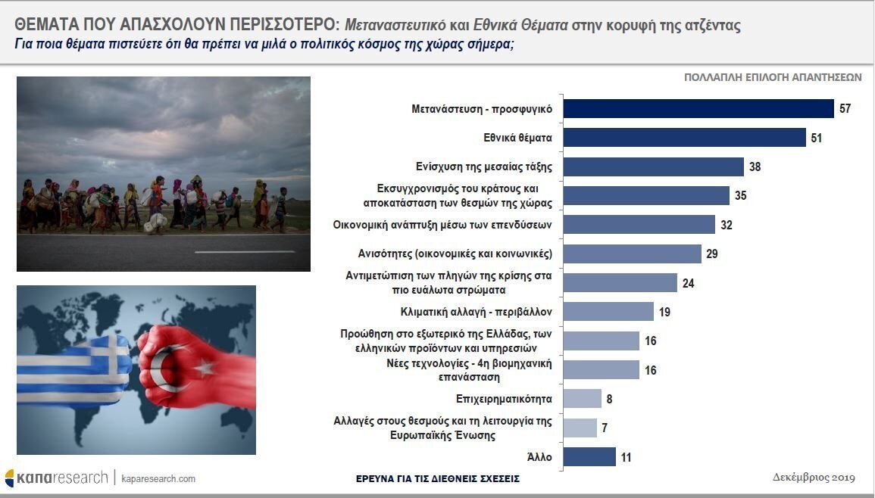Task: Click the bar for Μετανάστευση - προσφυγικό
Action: [698, 109]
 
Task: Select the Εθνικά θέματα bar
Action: [685, 138]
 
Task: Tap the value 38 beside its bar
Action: [755, 167]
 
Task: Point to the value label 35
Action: [740, 196]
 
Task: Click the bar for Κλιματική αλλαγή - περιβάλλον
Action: [608, 312]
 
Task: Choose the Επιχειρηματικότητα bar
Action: [583, 399]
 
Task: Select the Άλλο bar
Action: [590, 456]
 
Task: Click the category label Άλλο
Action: [539, 457]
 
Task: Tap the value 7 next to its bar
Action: [605, 428]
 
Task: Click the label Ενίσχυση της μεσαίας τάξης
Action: [484, 167]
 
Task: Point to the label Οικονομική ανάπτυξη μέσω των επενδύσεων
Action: [442, 225]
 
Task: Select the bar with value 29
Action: [633, 254]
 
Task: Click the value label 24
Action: [688, 283]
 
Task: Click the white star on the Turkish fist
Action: [205, 366]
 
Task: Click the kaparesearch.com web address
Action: [158, 478]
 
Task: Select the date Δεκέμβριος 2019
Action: [814, 478]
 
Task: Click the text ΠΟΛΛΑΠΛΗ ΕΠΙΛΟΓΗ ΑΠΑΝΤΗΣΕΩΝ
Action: [773, 77]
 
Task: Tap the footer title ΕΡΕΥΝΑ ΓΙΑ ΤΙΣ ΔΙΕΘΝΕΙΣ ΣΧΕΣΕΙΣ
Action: [438, 478]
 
